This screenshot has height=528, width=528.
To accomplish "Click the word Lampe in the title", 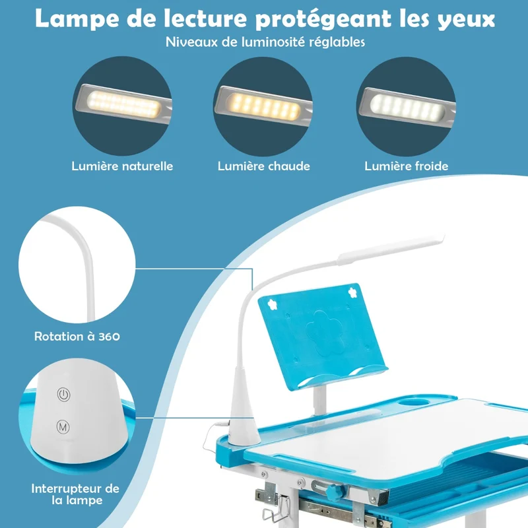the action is pyautogui.click(x=77, y=19).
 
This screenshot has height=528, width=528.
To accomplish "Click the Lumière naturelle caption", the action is pyautogui.click(x=122, y=166).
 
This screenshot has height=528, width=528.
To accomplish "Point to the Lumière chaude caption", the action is pyautogui.click(x=263, y=166).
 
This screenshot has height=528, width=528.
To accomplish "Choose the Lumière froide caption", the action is pyautogui.click(x=406, y=166).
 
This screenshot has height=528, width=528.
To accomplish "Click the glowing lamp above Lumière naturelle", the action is pyautogui.click(x=123, y=104).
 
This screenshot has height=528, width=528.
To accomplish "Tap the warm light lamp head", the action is pyautogui.click(x=263, y=105).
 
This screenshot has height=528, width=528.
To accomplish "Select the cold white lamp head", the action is pyautogui.click(x=407, y=106).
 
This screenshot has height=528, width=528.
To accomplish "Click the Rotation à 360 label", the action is pyautogui.click(x=77, y=337).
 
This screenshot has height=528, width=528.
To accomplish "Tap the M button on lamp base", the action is pyautogui.click(x=63, y=427).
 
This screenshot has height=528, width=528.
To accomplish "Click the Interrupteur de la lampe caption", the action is pyautogui.click(x=75, y=494).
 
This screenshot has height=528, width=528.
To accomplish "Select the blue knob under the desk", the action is pyautogui.click(x=335, y=492).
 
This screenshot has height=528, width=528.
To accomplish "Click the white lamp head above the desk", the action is pyautogui.click(x=391, y=249).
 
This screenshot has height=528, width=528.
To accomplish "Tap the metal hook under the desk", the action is pyautogui.click(x=276, y=510).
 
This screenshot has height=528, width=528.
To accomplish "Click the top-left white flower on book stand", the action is pyautogui.click(x=273, y=304).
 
